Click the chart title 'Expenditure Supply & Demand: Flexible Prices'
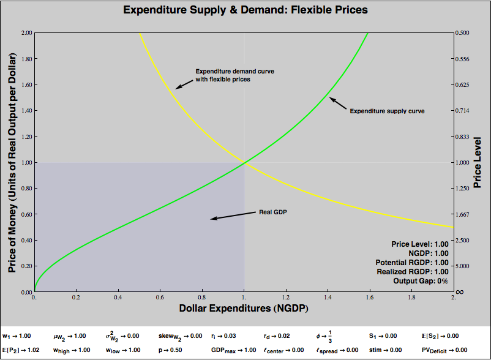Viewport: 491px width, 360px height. (245, 10)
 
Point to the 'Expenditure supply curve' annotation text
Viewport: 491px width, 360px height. (387, 111)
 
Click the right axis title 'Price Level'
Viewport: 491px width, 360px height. (478, 162)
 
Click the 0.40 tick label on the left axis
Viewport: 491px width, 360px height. (24, 241)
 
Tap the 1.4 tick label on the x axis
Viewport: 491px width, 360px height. (328, 298)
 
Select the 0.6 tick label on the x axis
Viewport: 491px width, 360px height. (160, 298)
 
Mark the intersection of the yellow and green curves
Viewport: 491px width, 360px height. (244, 162)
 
